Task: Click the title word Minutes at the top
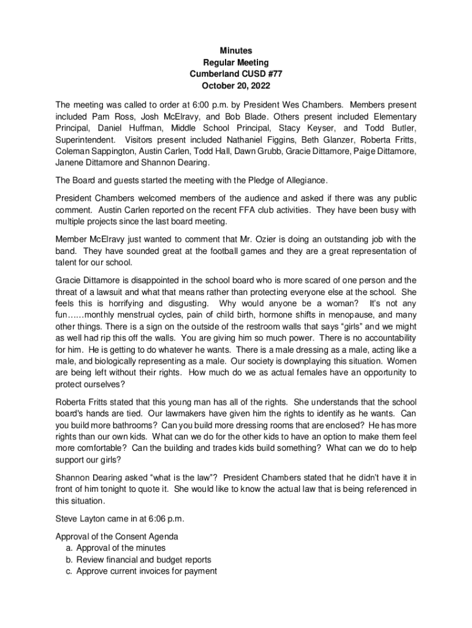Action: click(x=236, y=51)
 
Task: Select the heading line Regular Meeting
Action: click(x=236, y=63)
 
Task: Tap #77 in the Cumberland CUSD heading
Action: click(x=273, y=74)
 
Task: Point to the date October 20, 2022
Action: click(x=236, y=86)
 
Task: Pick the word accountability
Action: click(x=384, y=339)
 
